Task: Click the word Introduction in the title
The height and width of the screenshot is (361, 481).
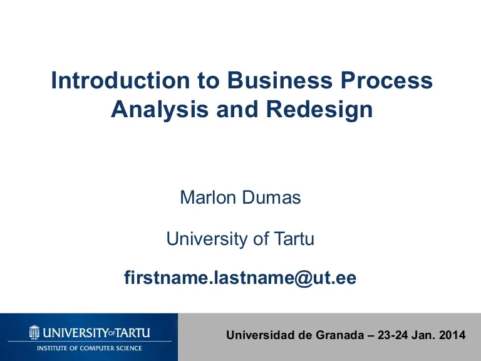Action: point(120,80)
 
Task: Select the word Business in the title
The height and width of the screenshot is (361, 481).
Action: point(280,80)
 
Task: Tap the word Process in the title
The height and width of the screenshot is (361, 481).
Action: point(386,80)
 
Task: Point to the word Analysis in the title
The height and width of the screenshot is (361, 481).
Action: point(160,110)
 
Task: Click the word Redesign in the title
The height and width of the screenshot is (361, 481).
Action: point(319,110)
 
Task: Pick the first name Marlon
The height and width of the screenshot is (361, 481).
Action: point(208,197)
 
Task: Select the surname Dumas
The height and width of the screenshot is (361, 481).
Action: point(271,197)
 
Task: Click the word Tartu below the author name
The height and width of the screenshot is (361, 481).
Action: point(294,239)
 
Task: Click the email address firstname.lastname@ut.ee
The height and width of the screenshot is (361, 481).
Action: point(240,278)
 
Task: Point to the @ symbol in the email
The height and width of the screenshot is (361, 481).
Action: point(303,278)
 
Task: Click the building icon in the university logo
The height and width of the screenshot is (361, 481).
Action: point(34,332)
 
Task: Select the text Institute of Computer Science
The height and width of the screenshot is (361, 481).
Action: point(90,348)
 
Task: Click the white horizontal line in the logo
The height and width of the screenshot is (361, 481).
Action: point(90,342)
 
